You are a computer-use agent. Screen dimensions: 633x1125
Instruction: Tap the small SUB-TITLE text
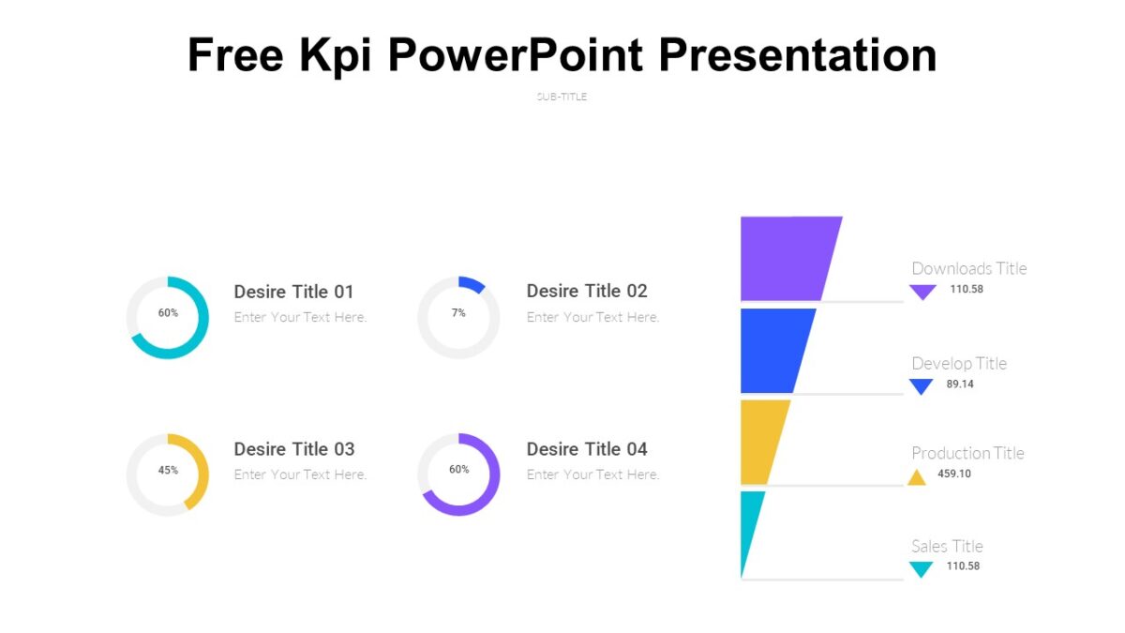click(562, 97)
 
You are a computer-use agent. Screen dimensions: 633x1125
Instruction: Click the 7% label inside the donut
click(458, 312)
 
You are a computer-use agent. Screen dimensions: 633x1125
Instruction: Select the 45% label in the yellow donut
click(168, 470)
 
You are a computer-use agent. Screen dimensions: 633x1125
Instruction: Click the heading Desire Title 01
click(293, 292)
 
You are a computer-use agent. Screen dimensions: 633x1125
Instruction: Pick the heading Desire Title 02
click(587, 291)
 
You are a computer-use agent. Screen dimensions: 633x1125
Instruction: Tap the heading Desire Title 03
click(293, 449)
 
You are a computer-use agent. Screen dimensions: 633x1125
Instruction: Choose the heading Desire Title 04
click(587, 449)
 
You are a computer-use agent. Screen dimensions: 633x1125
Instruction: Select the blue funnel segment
click(772, 350)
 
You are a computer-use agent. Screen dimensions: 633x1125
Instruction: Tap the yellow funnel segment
click(761, 441)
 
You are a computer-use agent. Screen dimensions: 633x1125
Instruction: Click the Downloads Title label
click(968, 268)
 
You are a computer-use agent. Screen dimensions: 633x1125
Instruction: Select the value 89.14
click(960, 384)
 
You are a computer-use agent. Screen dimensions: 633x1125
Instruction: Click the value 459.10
click(954, 474)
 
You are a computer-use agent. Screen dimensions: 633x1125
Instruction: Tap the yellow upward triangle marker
click(917, 477)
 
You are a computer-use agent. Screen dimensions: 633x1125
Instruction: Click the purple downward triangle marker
click(922, 292)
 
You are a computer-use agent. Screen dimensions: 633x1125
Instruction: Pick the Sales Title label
click(947, 546)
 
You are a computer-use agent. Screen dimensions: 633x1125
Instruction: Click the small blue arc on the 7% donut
click(472, 284)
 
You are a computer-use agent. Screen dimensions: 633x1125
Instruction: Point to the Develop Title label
click(958, 363)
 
